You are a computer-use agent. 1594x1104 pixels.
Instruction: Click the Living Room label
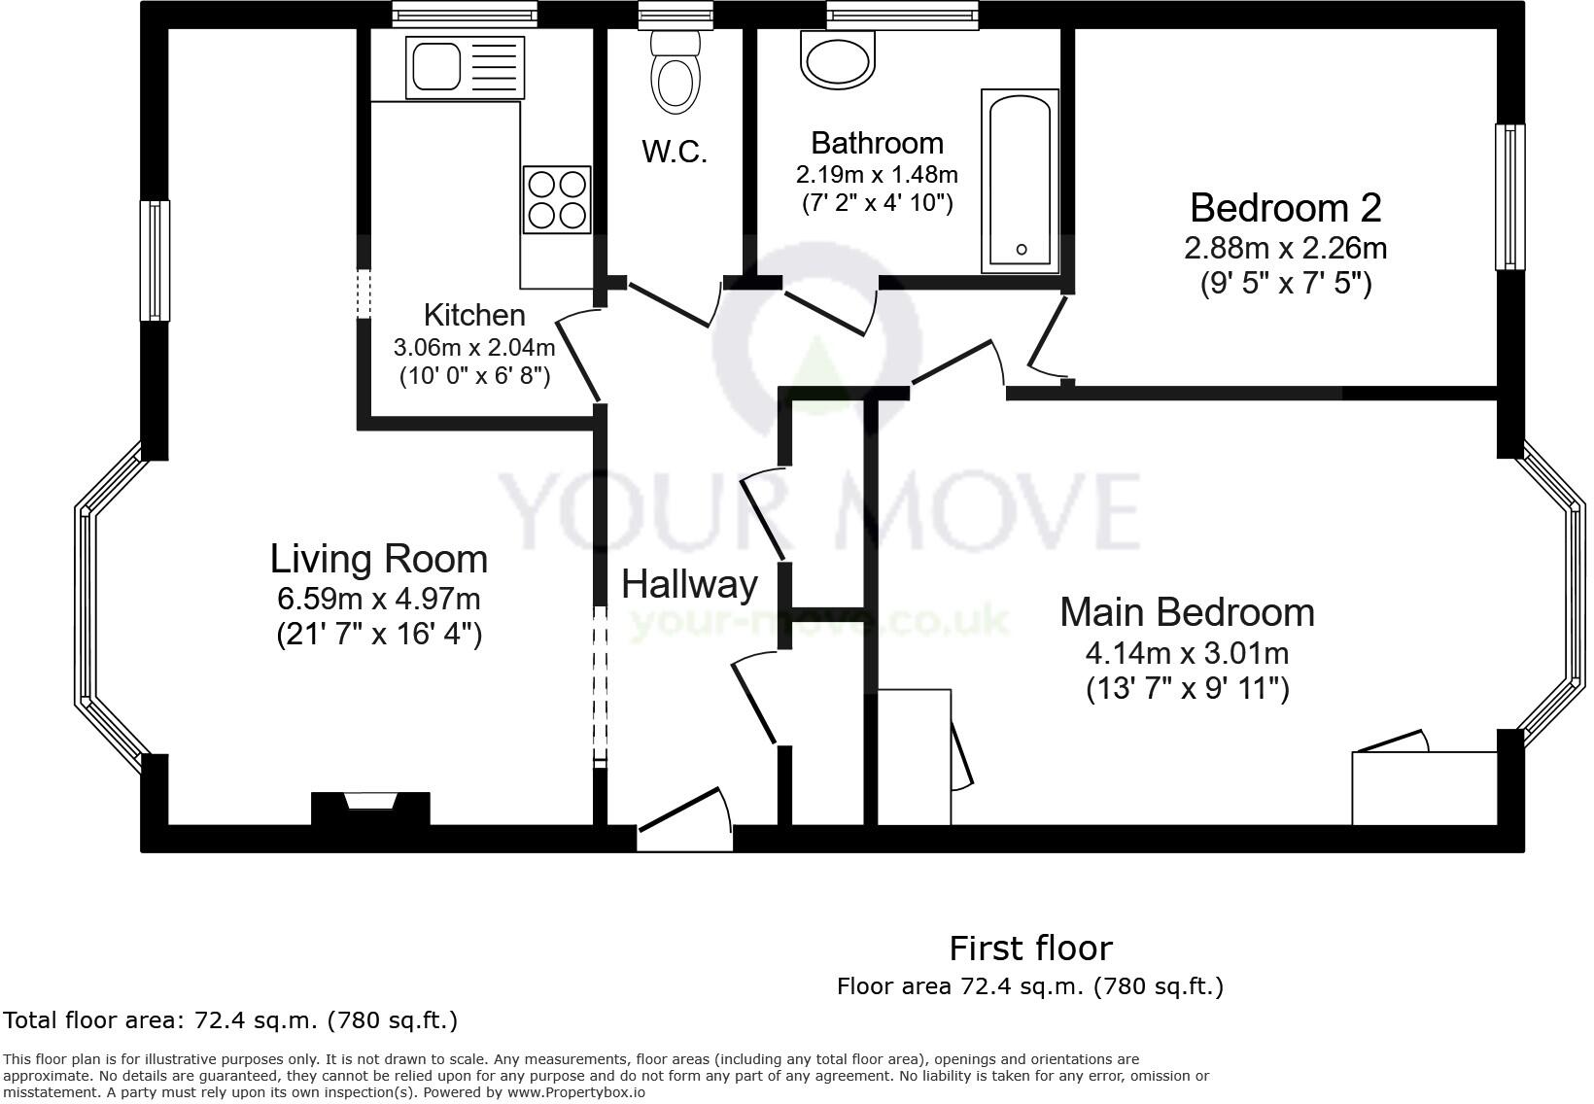(378, 560)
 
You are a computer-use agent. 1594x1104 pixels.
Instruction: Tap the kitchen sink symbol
(465, 67)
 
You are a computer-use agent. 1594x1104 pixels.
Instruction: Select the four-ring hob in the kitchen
(557, 199)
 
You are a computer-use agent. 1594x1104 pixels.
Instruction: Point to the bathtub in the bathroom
(1020, 180)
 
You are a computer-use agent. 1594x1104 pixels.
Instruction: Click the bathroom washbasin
(837, 58)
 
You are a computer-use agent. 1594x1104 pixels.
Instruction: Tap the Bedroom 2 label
(1285, 208)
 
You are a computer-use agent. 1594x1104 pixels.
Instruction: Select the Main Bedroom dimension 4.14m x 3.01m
(1187, 652)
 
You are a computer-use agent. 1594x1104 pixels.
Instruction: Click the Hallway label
(689, 584)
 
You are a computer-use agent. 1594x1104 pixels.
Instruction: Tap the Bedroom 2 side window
(1508, 196)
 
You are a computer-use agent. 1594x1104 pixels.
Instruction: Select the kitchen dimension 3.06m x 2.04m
(474, 347)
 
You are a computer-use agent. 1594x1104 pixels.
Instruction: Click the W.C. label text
(674, 152)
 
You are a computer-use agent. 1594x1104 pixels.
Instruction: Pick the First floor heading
(1030, 948)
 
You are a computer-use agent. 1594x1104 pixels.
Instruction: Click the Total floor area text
(230, 1020)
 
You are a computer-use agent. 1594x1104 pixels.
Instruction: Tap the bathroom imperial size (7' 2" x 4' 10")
(877, 203)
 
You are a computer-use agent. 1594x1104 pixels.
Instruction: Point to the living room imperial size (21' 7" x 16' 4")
(379, 635)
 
